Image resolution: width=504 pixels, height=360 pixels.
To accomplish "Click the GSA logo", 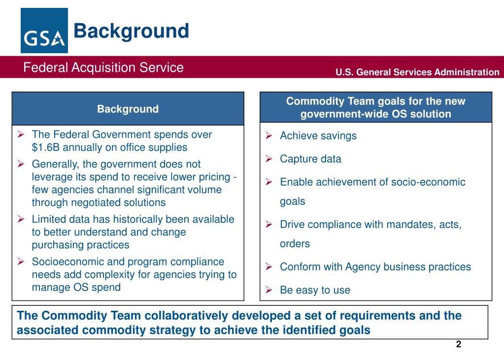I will [x=44, y=31].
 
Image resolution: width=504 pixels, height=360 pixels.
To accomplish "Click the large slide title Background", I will [x=131, y=31].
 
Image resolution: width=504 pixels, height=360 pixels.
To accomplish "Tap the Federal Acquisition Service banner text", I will [x=103, y=67].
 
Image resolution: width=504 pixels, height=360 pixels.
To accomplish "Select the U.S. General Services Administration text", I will [x=417, y=72].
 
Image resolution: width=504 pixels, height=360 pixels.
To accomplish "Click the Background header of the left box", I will [x=128, y=109].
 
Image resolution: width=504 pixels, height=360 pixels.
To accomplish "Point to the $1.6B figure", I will [x=46, y=147].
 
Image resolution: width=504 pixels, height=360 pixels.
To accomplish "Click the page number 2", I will [x=458, y=344].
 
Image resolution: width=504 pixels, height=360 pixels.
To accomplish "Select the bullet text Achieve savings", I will [x=318, y=136].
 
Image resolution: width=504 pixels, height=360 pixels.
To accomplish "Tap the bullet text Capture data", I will [x=310, y=159].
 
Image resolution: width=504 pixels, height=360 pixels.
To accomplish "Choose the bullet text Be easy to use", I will [x=315, y=290].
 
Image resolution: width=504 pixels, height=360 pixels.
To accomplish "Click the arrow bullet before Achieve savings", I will [x=269, y=136].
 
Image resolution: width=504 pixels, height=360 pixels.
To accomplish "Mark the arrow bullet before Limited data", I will [x=21, y=219].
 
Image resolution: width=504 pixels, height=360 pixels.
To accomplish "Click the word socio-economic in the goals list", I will [x=428, y=182].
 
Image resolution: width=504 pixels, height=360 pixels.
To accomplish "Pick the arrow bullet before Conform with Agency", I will [x=269, y=267].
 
